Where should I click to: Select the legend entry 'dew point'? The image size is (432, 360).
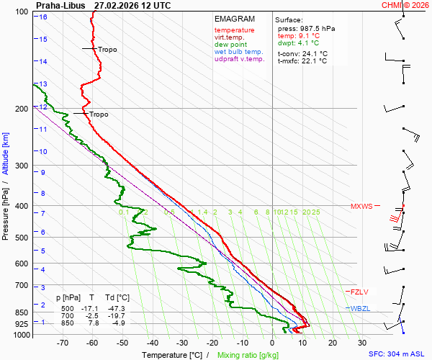(x=230, y=45)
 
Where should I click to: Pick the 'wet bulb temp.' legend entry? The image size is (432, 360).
(x=238, y=52)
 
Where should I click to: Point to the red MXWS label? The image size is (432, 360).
(x=361, y=207)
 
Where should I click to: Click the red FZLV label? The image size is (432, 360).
(x=359, y=292)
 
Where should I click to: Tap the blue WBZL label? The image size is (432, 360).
(x=360, y=308)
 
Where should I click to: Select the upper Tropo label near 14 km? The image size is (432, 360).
(x=107, y=50)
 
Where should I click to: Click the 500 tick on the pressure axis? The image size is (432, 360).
(x=22, y=238)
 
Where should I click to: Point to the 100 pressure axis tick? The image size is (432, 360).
(x=22, y=12)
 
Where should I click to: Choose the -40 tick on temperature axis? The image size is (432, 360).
(x=152, y=343)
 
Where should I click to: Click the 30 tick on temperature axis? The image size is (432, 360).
(x=362, y=343)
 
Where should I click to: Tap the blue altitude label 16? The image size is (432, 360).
(x=43, y=17)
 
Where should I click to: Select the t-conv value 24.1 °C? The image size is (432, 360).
(x=313, y=53)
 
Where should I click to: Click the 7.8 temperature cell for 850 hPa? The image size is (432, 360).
(x=92, y=323)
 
